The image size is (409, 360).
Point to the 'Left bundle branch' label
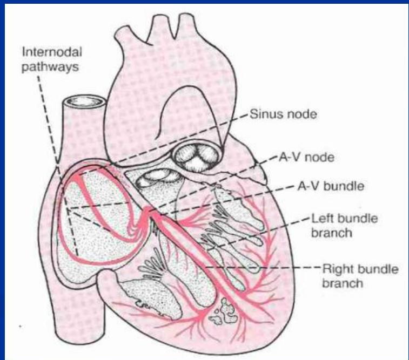[337, 226]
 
